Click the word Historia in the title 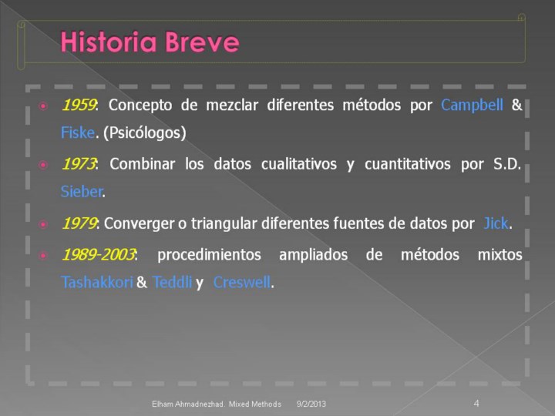pyautogui.click(x=109, y=42)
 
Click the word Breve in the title pyautogui.click(x=202, y=42)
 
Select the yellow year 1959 pyautogui.click(x=79, y=105)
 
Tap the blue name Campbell pyautogui.click(x=472, y=105)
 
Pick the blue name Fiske pyautogui.click(x=78, y=133)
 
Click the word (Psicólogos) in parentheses pyautogui.click(x=145, y=133)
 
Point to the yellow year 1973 pyautogui.click(x=79, y=164)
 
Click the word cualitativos pyautogui.click(x=299, y=164)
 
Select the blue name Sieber pyautogui.click(x=82, y=191)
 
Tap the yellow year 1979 pyautogui.click(x=79, y=223)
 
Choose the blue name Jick pyautogui.click(x=496, y=223)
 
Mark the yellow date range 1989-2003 pyautogui.click(x=99, y=254)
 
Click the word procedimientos pyautogui.click(x=209, y=255)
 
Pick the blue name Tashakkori pyautogui.click(x=97, y=282)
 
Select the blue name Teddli pyautogui.click(x=172, y=282)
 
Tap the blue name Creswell pyautogui.click(x=242, y=282)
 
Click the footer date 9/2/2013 pyautogui.click(x=311, y=404)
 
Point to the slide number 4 pyautogui.click(x=476, y=403)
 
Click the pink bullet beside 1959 pyautogui.click(x=43, y=106)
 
